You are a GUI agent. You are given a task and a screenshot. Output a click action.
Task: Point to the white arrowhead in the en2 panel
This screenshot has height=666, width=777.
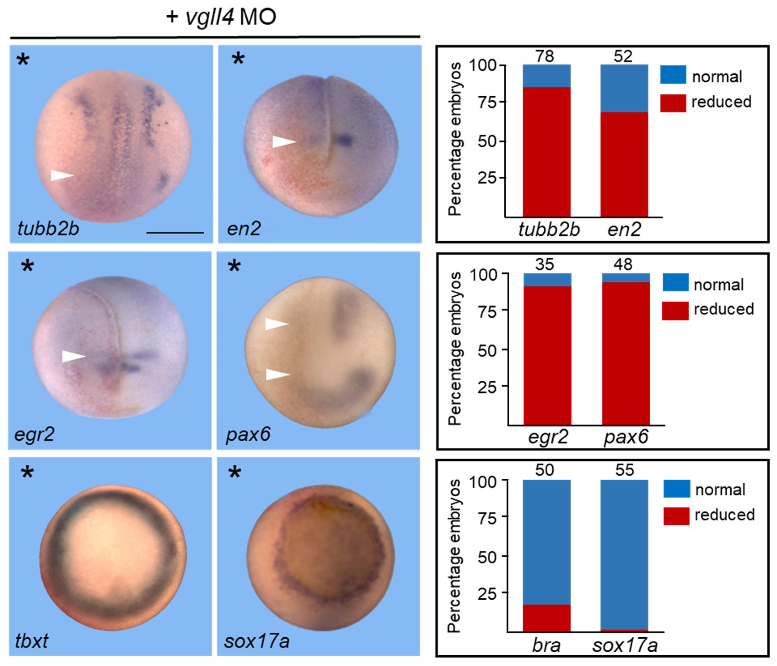[283, 142]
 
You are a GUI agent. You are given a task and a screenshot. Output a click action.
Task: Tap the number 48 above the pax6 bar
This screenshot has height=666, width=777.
[623, 265]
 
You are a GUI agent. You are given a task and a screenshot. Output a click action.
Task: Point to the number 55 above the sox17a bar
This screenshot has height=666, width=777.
[624, 470]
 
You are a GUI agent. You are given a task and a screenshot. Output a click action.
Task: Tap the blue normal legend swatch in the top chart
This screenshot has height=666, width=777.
[673, 74]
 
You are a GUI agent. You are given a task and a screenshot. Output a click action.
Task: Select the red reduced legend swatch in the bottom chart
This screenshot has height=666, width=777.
[676, 516]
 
